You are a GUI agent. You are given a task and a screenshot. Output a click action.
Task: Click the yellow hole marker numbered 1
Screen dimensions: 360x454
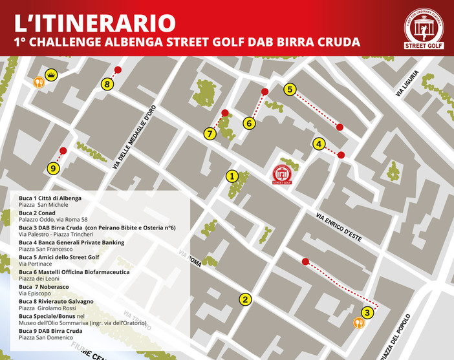[x=232, y=175]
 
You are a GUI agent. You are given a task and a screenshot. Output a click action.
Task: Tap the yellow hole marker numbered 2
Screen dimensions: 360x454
[x=244, y=299]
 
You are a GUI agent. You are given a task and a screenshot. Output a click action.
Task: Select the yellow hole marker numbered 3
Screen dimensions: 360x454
[x=367, y=313]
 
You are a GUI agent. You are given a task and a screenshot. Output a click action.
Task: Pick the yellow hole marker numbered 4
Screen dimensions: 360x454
[x=318, y=144]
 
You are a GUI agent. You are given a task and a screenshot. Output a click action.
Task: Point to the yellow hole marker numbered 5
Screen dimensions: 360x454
[x=290, y=89]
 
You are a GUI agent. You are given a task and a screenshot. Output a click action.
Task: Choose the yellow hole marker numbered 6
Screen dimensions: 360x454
[x=250, y=123]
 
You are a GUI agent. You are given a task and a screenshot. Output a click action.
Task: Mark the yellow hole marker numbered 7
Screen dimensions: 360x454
[x=210, y=134]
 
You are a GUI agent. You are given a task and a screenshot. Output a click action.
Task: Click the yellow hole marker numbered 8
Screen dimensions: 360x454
[x=107, y=84]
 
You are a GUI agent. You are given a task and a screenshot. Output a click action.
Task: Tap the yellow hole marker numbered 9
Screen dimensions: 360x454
[x=54, y=168]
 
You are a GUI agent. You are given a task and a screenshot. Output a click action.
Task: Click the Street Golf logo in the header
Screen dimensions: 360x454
[x=424, y=28]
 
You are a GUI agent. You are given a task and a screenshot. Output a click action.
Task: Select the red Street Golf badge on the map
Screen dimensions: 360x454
[x=281, y=174]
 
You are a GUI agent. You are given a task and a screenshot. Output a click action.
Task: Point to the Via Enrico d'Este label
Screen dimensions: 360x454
[x=338, y=228]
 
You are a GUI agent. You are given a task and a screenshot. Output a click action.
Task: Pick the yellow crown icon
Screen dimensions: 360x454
[x=52, y=76]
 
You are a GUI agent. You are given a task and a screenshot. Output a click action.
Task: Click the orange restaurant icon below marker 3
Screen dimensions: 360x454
[x=360, y=325]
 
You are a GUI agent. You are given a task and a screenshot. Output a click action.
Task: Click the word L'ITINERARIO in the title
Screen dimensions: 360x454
[x=95, y=23]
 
